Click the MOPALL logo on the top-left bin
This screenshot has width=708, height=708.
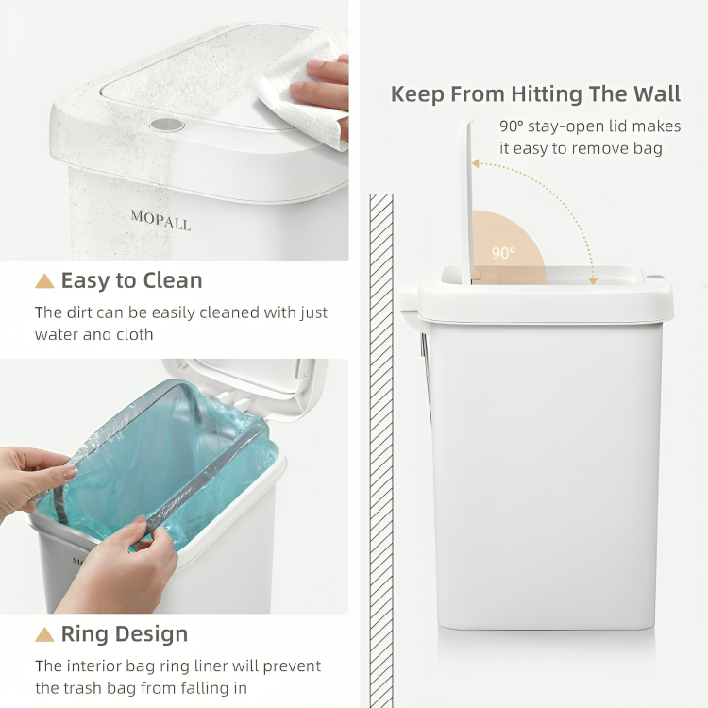(x=160, y=221)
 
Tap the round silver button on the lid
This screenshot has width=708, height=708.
(x=167, y=124)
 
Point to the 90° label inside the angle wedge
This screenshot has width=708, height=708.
(x=503, y=253)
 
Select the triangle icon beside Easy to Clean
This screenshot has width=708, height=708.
(x=44, y=280)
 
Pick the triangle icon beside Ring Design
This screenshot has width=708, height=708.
(x=44, y=634)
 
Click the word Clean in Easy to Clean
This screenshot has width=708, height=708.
(x=172, y=280)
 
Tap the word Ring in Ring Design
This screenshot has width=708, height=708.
(x=83, y=634)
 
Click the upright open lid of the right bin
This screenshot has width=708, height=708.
(x=466, y=198)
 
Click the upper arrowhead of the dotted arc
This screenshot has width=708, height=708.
(x=477, y=164)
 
